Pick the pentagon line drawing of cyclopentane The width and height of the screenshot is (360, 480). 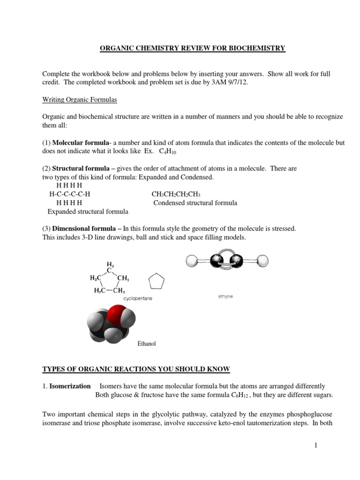pos(156,283)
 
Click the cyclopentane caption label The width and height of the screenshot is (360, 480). pos(138,298)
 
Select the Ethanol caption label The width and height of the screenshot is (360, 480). pos(146,344)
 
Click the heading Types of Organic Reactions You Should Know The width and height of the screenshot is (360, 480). pos(136,369)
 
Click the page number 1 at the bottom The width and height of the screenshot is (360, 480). pos(316,446)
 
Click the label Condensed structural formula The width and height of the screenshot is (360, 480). pos(195,203)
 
